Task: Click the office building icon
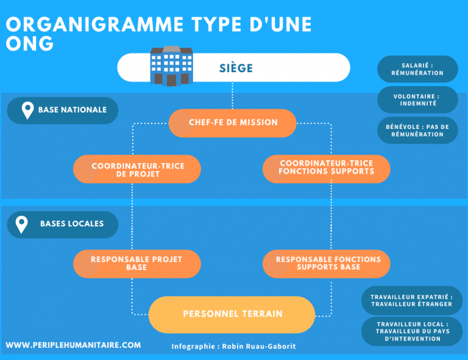171,66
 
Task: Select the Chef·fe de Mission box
233,123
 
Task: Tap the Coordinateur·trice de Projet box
137,169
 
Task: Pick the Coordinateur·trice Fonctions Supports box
326,169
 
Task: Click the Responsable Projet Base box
137,264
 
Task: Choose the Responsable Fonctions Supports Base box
326,264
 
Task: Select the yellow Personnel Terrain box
232,315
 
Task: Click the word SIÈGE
236,68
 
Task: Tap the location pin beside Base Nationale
27,110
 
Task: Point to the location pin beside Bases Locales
21,224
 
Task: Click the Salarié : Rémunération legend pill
417,69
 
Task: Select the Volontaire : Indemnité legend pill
417,100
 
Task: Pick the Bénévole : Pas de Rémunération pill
417,130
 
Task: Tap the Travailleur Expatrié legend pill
412,300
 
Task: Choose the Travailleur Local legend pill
412,331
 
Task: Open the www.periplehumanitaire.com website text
73,345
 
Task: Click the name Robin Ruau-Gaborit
259,347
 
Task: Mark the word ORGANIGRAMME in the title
95,24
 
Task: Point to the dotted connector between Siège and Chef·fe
233,95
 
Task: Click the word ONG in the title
29,43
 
